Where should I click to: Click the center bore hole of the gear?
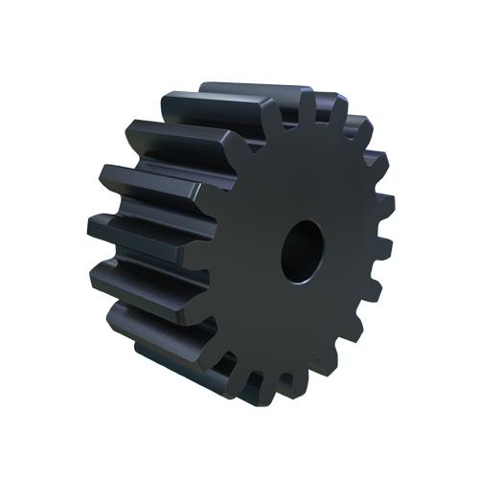pos(304,251)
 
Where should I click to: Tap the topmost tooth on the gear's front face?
pos(308,103)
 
